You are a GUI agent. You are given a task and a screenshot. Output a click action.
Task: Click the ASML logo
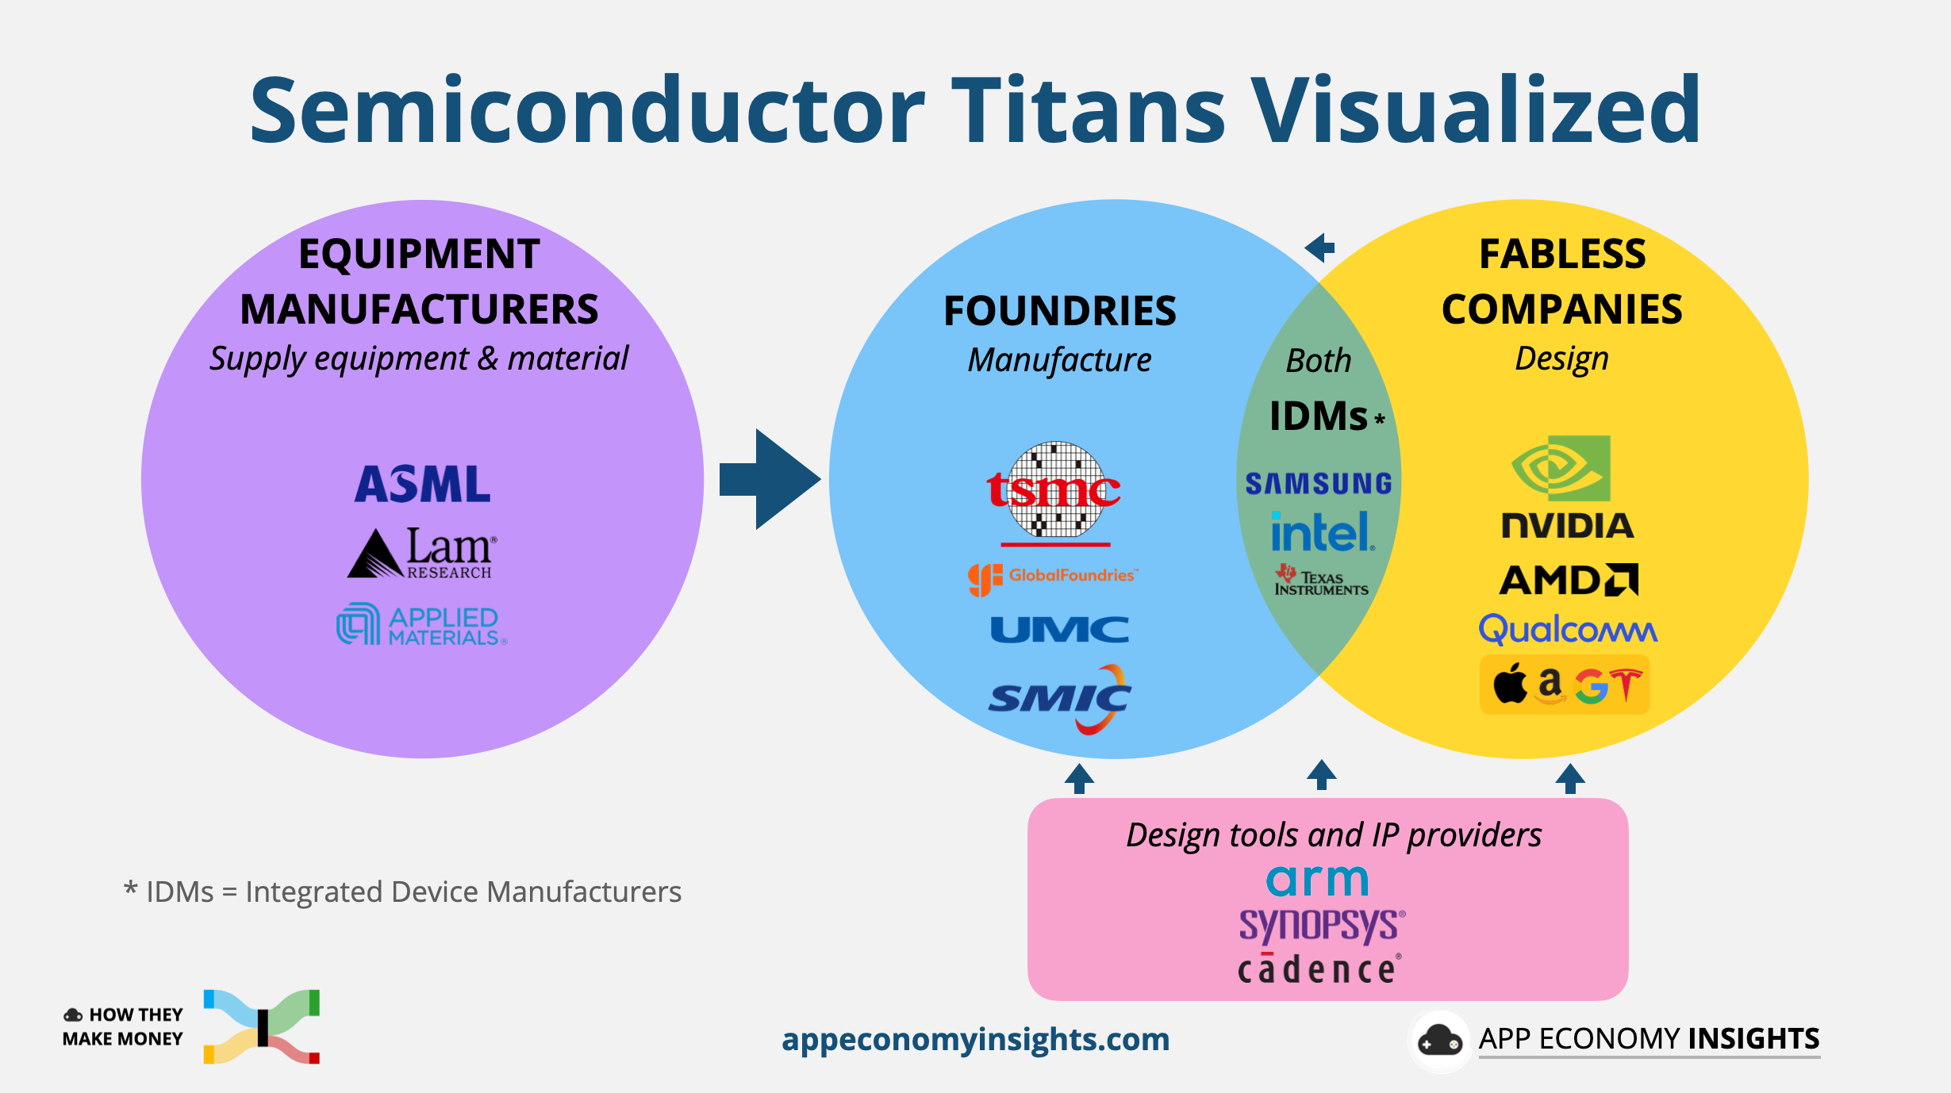click(x=422, y=484)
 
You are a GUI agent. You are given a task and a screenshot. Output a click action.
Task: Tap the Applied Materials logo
click(x=421, y=625)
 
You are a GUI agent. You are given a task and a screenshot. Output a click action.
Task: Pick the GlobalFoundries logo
click(x=1054, y=577)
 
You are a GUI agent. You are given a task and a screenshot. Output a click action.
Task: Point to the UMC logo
click(x=1059, y=630)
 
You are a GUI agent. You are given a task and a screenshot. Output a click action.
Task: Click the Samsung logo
click(x=1319, y=484)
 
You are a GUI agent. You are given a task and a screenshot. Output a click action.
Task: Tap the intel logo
click(x=1321, y=532)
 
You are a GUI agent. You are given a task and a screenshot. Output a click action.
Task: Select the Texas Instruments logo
click(x=1321, y=581)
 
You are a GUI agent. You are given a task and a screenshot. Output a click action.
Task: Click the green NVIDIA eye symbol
click(x=1561, y=468)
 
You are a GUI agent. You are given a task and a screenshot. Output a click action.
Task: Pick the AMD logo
click(x=1569, y=580)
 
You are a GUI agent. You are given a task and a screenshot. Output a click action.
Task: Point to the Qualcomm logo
click(x=1568, y=630)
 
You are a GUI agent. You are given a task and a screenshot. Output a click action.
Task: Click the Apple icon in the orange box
click(x=1510, y=685)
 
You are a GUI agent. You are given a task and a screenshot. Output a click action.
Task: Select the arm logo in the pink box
click(x=1318, y=880)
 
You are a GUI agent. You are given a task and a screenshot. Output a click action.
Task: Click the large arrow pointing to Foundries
click(x=770, y=479)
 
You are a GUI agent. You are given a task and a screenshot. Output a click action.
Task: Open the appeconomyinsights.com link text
click(x=975, y=1039)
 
